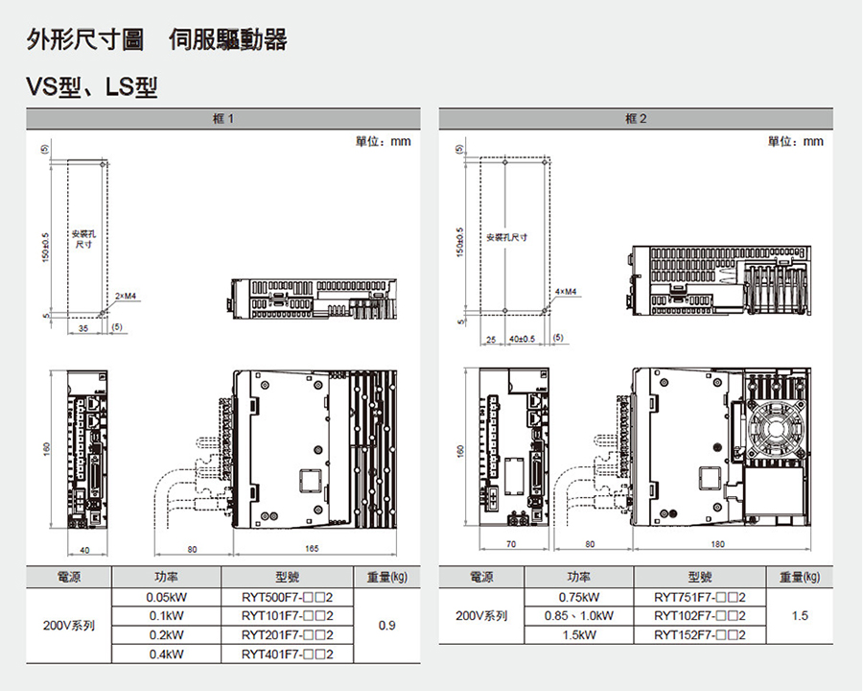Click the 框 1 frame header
[x=222, y=118]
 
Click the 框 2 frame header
[x=636, y=118]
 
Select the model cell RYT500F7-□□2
[x=287, y=597]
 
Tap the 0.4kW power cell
[x=166, y=654]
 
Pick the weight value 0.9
[x=387, y=625]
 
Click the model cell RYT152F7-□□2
[x=700, y=634]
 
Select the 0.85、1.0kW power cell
[x=578, y=615]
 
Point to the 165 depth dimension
[x=312, y=549]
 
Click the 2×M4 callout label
[x=126, y=297]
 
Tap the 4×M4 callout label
[x=566, y=291]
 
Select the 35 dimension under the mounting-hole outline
[x=83, y=328]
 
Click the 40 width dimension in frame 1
[x=85, y=549]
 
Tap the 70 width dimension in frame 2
[x=510, y=544]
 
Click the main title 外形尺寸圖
[x=86, y=40]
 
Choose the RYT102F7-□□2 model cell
[x=700, y=615]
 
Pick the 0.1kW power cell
[x=166, y=615]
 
